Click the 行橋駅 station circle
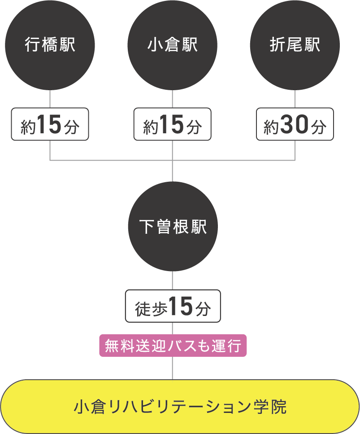[50, 45]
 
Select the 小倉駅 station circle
[173, 45]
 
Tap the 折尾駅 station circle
[295, 45]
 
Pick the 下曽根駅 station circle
[173, 227]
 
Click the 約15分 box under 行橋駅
[50, 124]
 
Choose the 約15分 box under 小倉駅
[173, 124]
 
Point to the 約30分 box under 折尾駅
[295, 124]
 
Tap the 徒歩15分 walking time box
[173, 306]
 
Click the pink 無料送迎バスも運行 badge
[173, 346]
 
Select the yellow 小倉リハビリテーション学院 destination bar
[180, 407]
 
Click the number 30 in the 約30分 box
[294, 125]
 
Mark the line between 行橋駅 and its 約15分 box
[50, 99]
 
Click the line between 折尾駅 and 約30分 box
[295, 99]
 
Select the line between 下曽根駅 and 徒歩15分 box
[173, 281]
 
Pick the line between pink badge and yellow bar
[173, 368]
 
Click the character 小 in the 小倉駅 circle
[153, 45]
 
